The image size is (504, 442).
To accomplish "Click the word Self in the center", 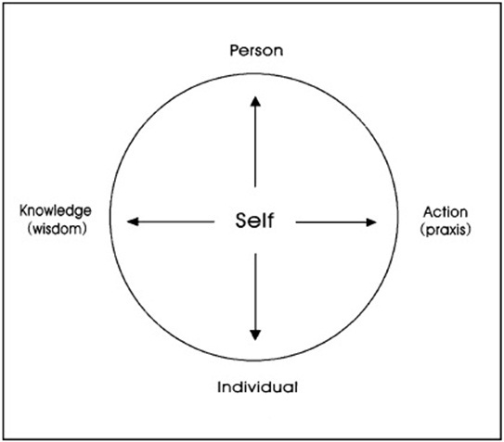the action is [x=254, y=221].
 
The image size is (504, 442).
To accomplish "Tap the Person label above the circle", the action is [x=256, y=51].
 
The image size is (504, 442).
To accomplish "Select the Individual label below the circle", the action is [x=257, y=387].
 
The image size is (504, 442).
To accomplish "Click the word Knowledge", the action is [x=56, y=211].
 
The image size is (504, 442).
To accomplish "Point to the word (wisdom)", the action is [x=58, y=229].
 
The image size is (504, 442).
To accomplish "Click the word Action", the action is [x=446, y=212].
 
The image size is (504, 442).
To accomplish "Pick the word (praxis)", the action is [x=446, y=230].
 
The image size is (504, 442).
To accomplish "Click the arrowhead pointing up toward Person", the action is [x=255, y=101].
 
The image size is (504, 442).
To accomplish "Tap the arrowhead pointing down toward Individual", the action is [x=255, y=335].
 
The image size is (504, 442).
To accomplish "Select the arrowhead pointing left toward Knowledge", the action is [x=133, y=221].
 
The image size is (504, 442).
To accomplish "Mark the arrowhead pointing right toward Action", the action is [x=371, y=222].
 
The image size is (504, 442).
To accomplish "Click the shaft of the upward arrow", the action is [x=255, y=146].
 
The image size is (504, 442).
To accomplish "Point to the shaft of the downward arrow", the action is [x=255, y=292].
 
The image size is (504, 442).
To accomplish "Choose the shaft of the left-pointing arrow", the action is [x=176, y=221].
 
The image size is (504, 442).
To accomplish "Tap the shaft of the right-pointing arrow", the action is [x=331, y=222].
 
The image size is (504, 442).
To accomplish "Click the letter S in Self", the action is [x=241, y=221].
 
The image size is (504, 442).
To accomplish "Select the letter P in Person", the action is [x=235, y=50].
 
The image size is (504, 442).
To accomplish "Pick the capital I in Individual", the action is [x=219, y=387].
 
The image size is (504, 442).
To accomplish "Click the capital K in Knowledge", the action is [x=24, y=210].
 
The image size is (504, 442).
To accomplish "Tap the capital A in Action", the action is [x=429, y=212].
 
